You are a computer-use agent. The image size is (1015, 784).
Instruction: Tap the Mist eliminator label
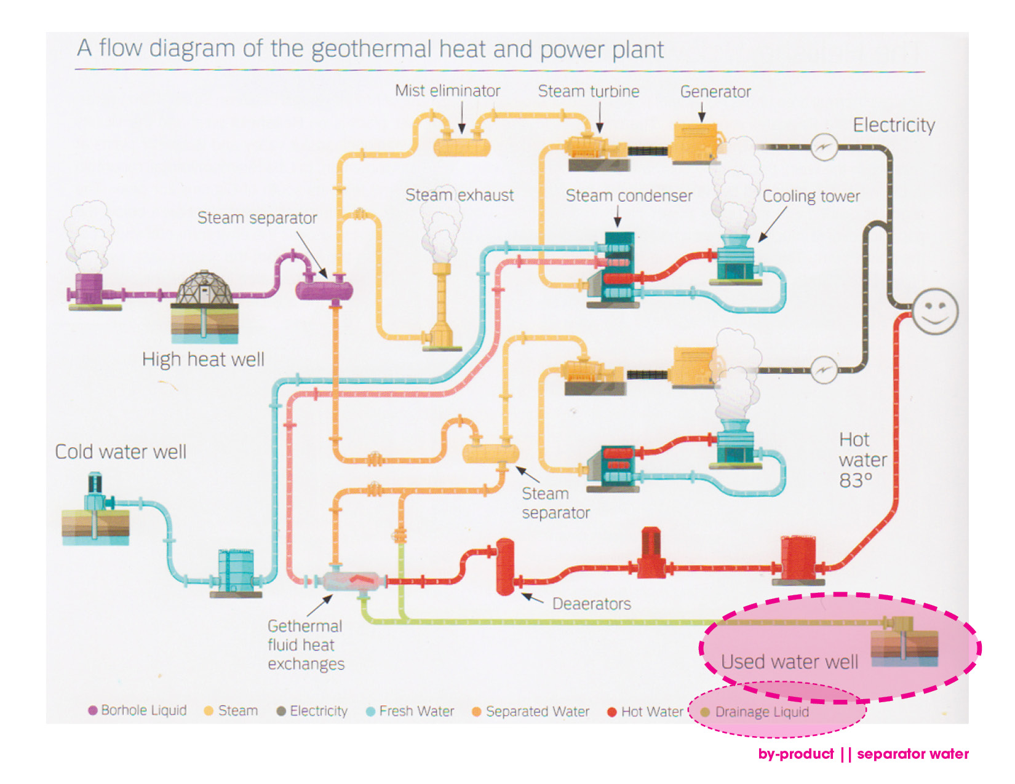tap(447, 91)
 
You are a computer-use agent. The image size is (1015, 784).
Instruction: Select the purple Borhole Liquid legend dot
tap(93, 711)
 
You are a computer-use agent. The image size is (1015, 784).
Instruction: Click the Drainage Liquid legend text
tap(762, 712)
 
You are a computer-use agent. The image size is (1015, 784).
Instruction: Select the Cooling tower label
tap(811, 196)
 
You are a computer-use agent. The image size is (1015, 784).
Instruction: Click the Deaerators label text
tap(591, 604)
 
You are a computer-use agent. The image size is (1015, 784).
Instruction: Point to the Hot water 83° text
tap(862, 460)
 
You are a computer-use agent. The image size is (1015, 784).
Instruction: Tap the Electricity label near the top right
tap(893, 125)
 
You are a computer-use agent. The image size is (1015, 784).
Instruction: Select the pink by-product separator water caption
tap(863, 754)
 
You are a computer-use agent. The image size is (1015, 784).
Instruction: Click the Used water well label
tap(789, 662)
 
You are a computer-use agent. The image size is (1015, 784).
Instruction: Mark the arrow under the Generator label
tap(701, 113)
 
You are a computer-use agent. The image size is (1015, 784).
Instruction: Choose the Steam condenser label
tap(629, 196)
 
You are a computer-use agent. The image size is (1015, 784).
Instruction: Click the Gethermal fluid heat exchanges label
tap(306, 644)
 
